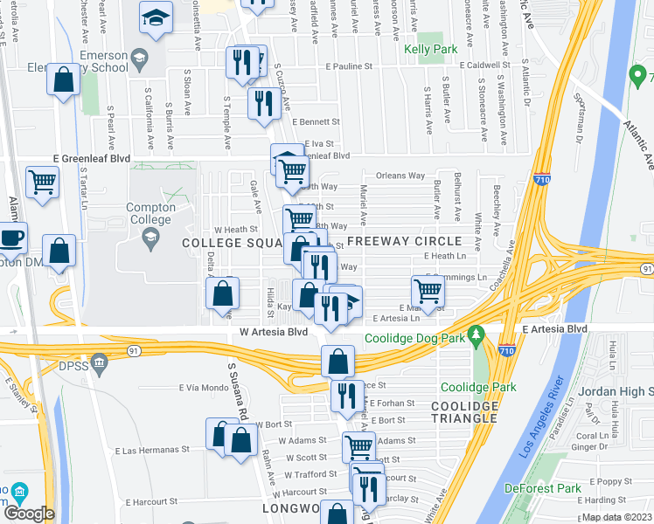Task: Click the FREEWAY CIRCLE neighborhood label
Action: [x=404, y=241]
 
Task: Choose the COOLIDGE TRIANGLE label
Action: [x=465, y=412]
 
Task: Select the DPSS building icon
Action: [x=100, y=360]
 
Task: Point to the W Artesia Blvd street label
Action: [x=274, y=333]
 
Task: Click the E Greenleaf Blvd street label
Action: [x=91, y=158]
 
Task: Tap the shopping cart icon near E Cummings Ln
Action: [x=427, y=291]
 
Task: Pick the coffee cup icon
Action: [x=11, y=237]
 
